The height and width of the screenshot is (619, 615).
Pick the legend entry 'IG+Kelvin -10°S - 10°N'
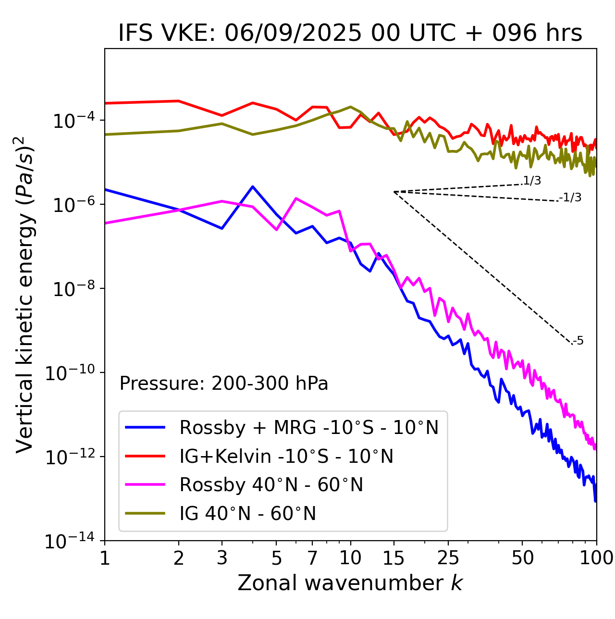286,456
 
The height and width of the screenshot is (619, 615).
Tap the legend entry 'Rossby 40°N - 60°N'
271,485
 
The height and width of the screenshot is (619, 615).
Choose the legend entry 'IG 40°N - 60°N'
247,514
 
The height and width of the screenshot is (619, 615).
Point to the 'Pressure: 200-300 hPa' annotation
224,384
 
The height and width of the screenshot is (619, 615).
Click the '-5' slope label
578,341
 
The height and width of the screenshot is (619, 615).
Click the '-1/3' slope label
571,198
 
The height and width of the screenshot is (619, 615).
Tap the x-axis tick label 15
394,558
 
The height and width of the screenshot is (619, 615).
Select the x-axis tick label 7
312,558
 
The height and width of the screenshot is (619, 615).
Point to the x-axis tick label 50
522,558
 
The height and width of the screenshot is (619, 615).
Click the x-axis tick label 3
222,558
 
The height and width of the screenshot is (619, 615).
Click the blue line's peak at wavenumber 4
252,186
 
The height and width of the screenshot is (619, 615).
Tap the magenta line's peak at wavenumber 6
296,198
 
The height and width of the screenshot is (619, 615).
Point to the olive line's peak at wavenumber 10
351,107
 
